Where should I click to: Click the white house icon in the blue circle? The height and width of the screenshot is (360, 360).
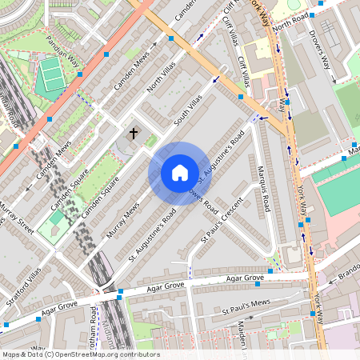click(x=180, y=173)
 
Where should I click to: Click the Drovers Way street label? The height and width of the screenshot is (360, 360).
click(x=320, y=50)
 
